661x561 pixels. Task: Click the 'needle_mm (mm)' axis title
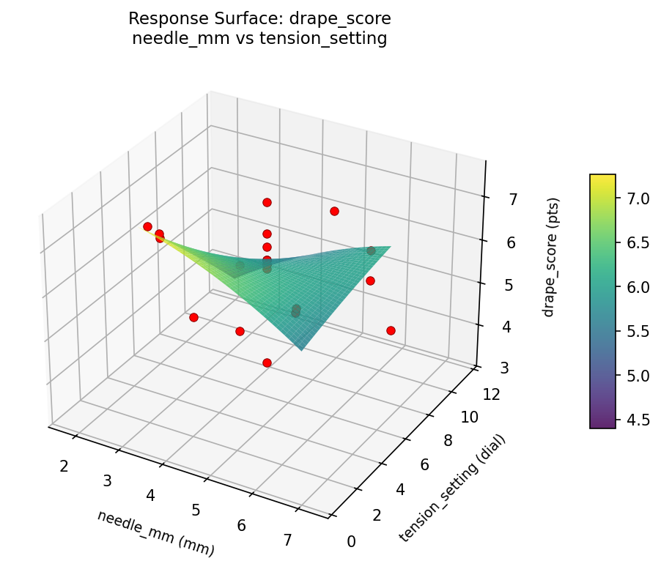click(x=155, y=531)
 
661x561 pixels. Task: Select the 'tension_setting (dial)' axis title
click(x=452, y=488)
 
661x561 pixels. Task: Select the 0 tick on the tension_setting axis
click(x=351, y=541)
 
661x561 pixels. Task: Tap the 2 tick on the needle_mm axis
click(x=64, y=465)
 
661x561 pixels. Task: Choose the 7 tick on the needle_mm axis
click(x=287, y=540)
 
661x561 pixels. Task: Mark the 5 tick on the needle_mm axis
click(x=196, y=510)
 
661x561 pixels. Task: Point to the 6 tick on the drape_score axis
click(x=507, y=243)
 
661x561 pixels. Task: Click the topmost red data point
click(x=267, y=202)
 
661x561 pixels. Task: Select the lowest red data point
click(x=267, y=363)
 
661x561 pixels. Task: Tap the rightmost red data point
click(x=391, y=330)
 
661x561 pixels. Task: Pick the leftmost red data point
click(x=147, y=226)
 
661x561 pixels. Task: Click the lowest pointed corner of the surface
click(x=302, y=350)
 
